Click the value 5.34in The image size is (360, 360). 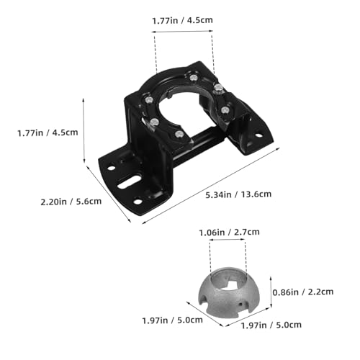pyautogui.click(x=219, y=194)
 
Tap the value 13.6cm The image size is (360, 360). pyautogui.click(x=256, y=194)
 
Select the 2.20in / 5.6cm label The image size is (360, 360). pyautogui.click(x=71, y=202)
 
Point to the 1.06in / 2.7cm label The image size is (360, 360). pyautogui.click(x=230, y=233)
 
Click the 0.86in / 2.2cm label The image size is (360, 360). pyautogui.click(x=303, y=292)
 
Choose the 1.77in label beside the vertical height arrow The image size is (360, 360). pyautogui.click(x=30, y=133)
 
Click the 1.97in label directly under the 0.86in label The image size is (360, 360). pyautogui.click(x=253, y=325)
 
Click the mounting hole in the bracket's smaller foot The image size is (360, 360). pyautogui.click(x=258, y=135)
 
